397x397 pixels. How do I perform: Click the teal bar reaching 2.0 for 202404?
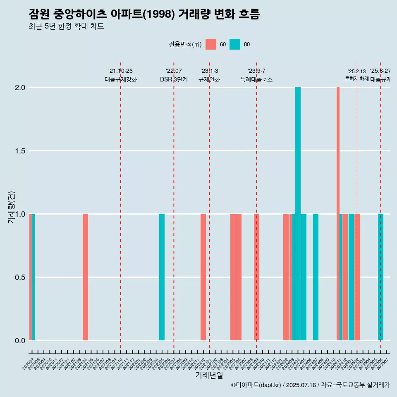(298, 213)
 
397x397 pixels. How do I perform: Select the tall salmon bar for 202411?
(338, 213)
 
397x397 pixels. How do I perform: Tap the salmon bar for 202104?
(85, 277)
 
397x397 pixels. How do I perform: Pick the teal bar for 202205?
(162, 277)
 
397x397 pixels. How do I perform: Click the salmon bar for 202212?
(203, 277)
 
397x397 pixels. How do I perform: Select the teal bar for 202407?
(316, 277)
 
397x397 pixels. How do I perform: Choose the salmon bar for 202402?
(286, 277)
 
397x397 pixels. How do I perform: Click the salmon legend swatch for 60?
(211, 44)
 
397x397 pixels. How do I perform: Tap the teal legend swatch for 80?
(235, 44)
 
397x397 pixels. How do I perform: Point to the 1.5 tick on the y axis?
(20, 151)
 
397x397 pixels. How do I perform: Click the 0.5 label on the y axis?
(20, 277)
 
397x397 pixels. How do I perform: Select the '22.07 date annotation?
(174, 71)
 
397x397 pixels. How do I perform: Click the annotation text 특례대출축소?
(256, 79)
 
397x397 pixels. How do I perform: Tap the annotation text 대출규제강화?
(120, 79)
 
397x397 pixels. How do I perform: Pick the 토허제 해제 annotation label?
(356, 79)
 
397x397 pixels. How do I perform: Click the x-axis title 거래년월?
(209, 375)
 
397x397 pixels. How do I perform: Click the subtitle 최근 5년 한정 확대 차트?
(66, 26)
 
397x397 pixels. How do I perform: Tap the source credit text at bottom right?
(310, 385)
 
